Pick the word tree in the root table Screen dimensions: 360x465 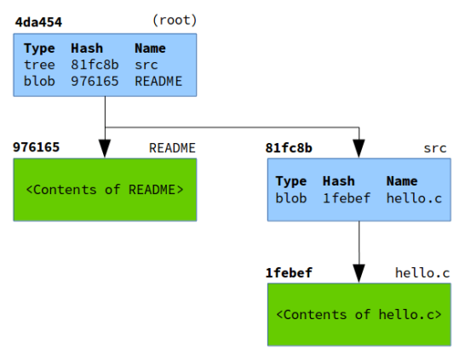click(39, 66)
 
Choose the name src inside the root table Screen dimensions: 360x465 click(146, 66)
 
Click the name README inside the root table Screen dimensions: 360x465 click(158, 82)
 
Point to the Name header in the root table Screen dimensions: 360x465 click(150, 49)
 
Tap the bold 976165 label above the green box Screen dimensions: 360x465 click(37, 147)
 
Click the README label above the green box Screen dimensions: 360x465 click(173, 147)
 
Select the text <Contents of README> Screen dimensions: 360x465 click(105, 189)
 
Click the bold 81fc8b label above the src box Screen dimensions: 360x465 click(289, 147)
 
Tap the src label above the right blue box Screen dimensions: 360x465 click(435, 147)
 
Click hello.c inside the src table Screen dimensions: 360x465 click(414, 198)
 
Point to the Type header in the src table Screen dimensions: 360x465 click(291, 181)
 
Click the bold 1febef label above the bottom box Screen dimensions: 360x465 click(289, 272)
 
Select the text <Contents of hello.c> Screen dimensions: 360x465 click(359, 314)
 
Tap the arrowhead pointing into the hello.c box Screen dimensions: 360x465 click(359, 273)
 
